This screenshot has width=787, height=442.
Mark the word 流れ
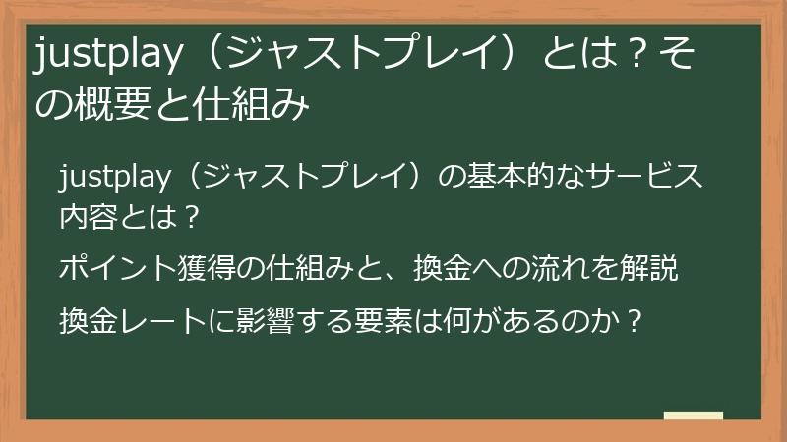coord(570,267)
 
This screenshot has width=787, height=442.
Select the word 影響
coord(261,320)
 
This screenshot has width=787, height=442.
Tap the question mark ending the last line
coord(635,320)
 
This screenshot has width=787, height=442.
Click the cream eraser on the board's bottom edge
coord(693,414)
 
